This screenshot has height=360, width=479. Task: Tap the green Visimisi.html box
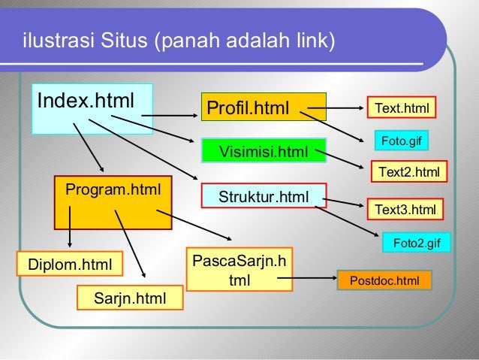263,153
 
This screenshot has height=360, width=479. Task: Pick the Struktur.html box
263,197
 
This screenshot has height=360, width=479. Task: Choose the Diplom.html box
69,264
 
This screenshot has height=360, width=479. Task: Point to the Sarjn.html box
129,298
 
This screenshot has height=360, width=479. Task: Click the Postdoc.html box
384,281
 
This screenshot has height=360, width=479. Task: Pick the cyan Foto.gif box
402,140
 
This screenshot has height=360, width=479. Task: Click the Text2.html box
408,172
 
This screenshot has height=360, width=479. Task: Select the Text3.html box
405,209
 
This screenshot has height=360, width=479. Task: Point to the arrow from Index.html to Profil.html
170,116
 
